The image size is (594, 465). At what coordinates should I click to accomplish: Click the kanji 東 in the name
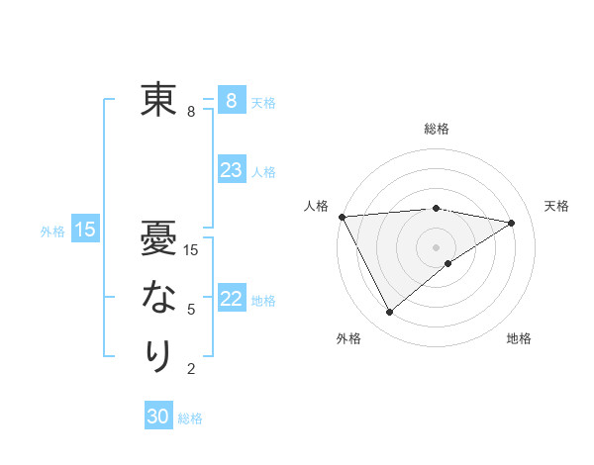(x=158, y=100)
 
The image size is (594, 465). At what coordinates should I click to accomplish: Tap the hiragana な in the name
(x=158, y=297)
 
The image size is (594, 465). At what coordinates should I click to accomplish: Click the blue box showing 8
(x=231, y=100)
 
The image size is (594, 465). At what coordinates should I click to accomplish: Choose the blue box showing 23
(x=231, y=170)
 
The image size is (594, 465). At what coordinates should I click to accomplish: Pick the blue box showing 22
(x=231, y=299)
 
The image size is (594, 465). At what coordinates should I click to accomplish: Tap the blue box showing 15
(x=85, y=231)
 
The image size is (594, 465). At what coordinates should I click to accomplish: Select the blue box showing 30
(x=158, y=417)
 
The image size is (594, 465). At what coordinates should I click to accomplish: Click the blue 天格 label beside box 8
(x=263, y=102)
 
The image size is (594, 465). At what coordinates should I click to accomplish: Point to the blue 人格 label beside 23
(x=263, y=172)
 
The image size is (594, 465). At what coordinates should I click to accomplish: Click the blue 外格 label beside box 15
(x=52, y=232)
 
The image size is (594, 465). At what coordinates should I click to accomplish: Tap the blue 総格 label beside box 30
(x=190, y=418)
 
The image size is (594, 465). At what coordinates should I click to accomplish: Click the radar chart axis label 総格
(x=437, y=129)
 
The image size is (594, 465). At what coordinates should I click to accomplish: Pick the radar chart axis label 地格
(x=519, y=338)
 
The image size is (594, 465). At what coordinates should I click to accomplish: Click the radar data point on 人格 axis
(x=342, y=216)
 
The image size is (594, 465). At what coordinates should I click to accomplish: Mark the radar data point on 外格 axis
(x=389, y=313)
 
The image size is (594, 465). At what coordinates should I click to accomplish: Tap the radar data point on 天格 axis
(x=512, y=223)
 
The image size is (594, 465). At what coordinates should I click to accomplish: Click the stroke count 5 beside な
(x=191, y=310)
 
